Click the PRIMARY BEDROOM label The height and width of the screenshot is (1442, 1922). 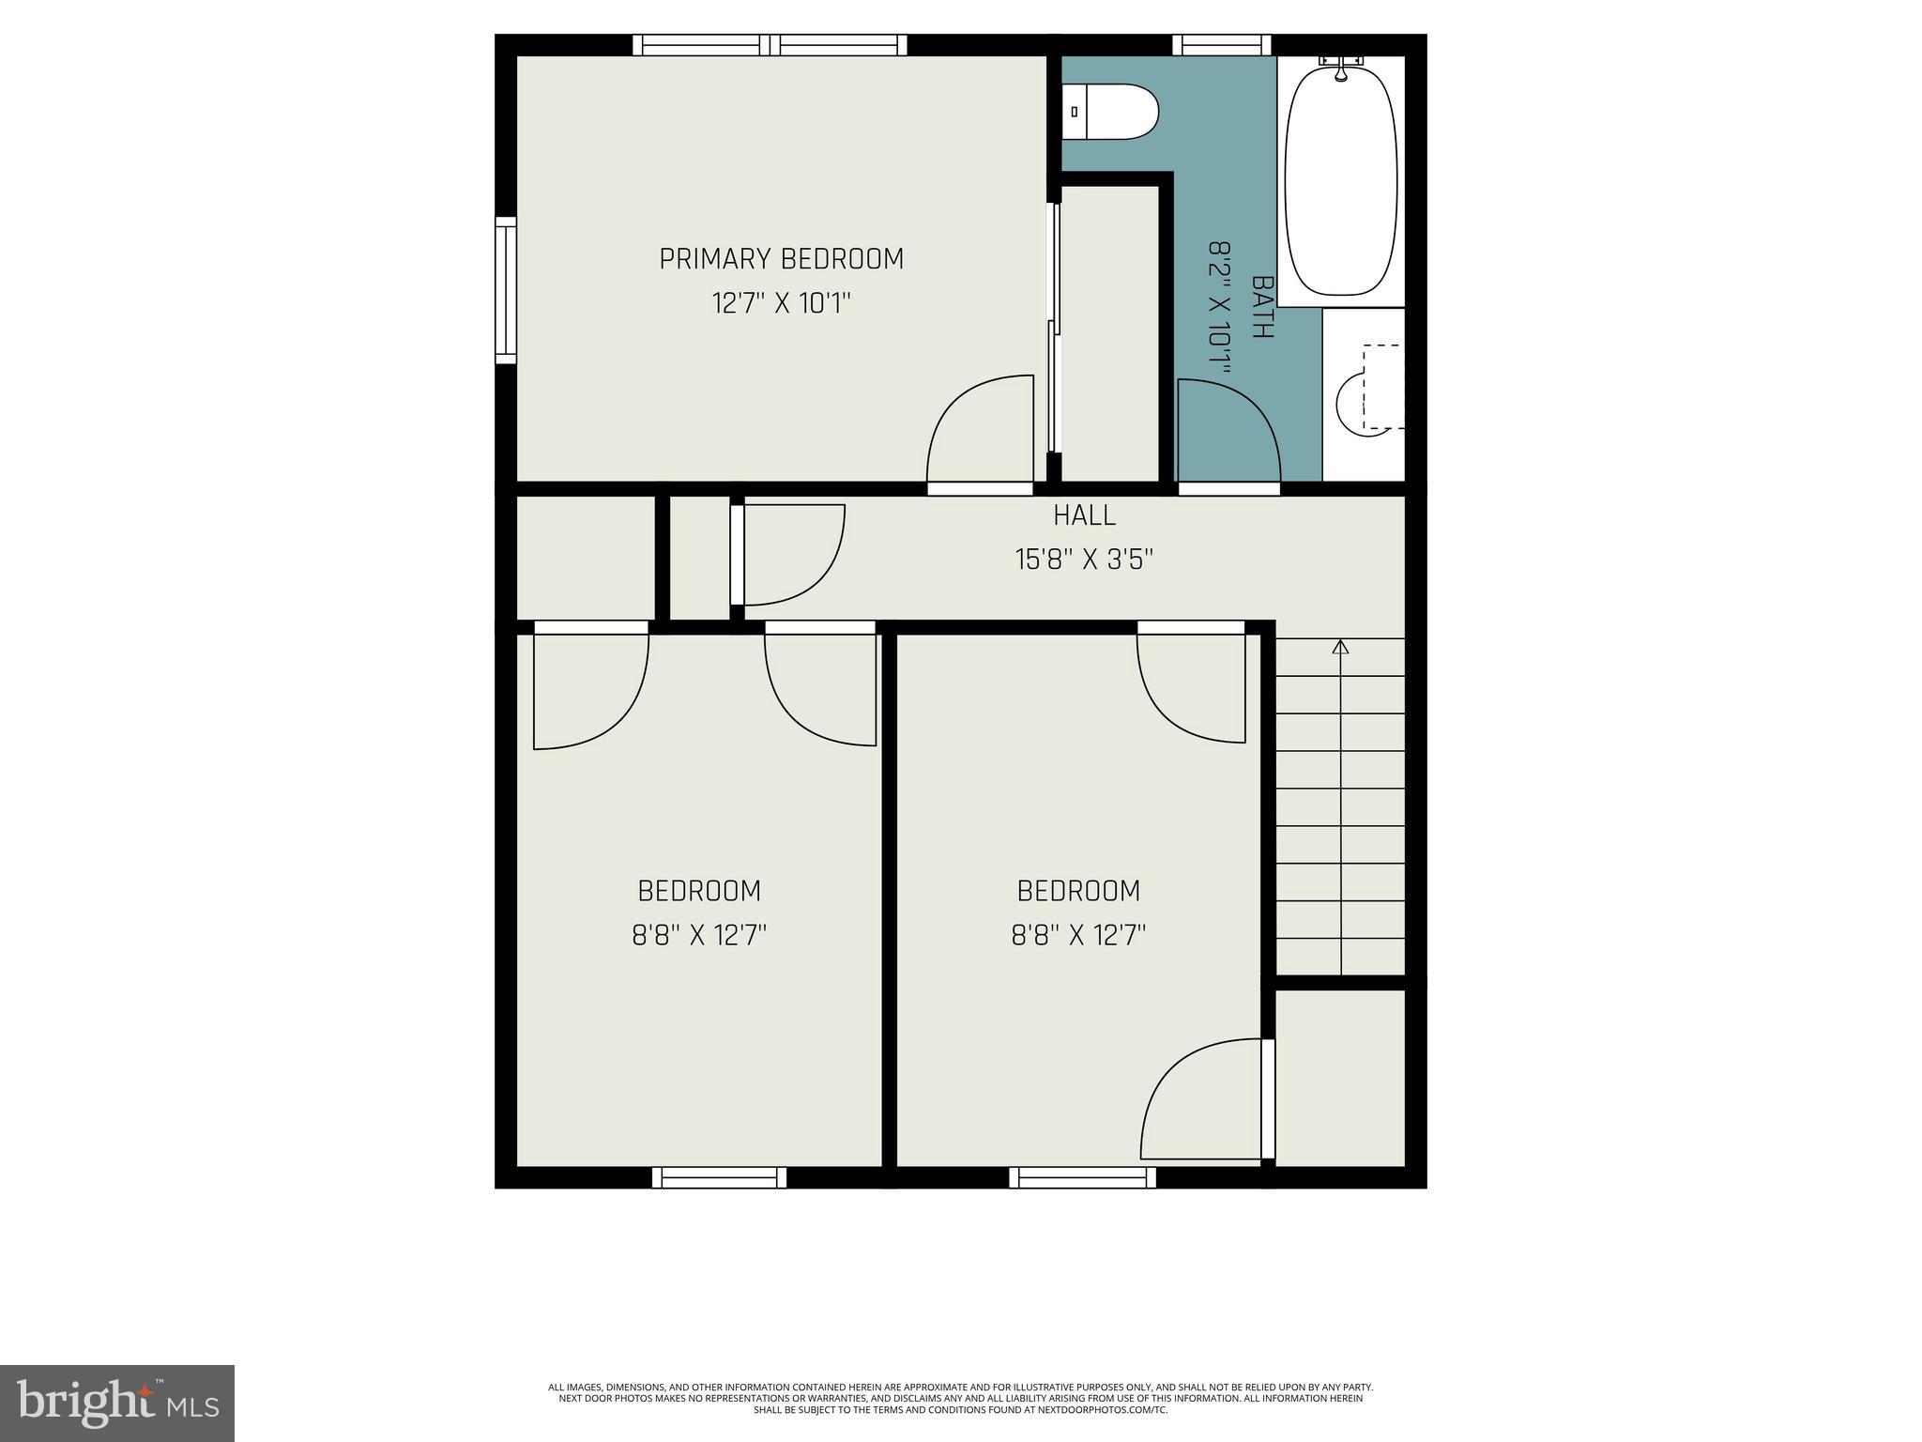[781, 259]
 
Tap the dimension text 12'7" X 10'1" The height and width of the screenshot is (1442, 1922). [781, 304]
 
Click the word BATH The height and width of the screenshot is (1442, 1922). [1263, 307]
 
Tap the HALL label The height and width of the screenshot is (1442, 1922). [1084, 515]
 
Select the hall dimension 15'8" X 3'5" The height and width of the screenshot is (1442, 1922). [1084, 560]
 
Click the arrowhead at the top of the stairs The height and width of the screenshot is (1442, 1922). [1340, 647]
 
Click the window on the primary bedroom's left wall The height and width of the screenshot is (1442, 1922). [506, 290]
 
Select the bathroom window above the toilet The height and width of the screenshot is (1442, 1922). [1221, 44]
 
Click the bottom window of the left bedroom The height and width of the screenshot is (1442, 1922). [719, 1177]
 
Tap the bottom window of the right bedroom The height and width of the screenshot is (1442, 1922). [1082, 1177]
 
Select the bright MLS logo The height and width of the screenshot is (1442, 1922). [117, 1403]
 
